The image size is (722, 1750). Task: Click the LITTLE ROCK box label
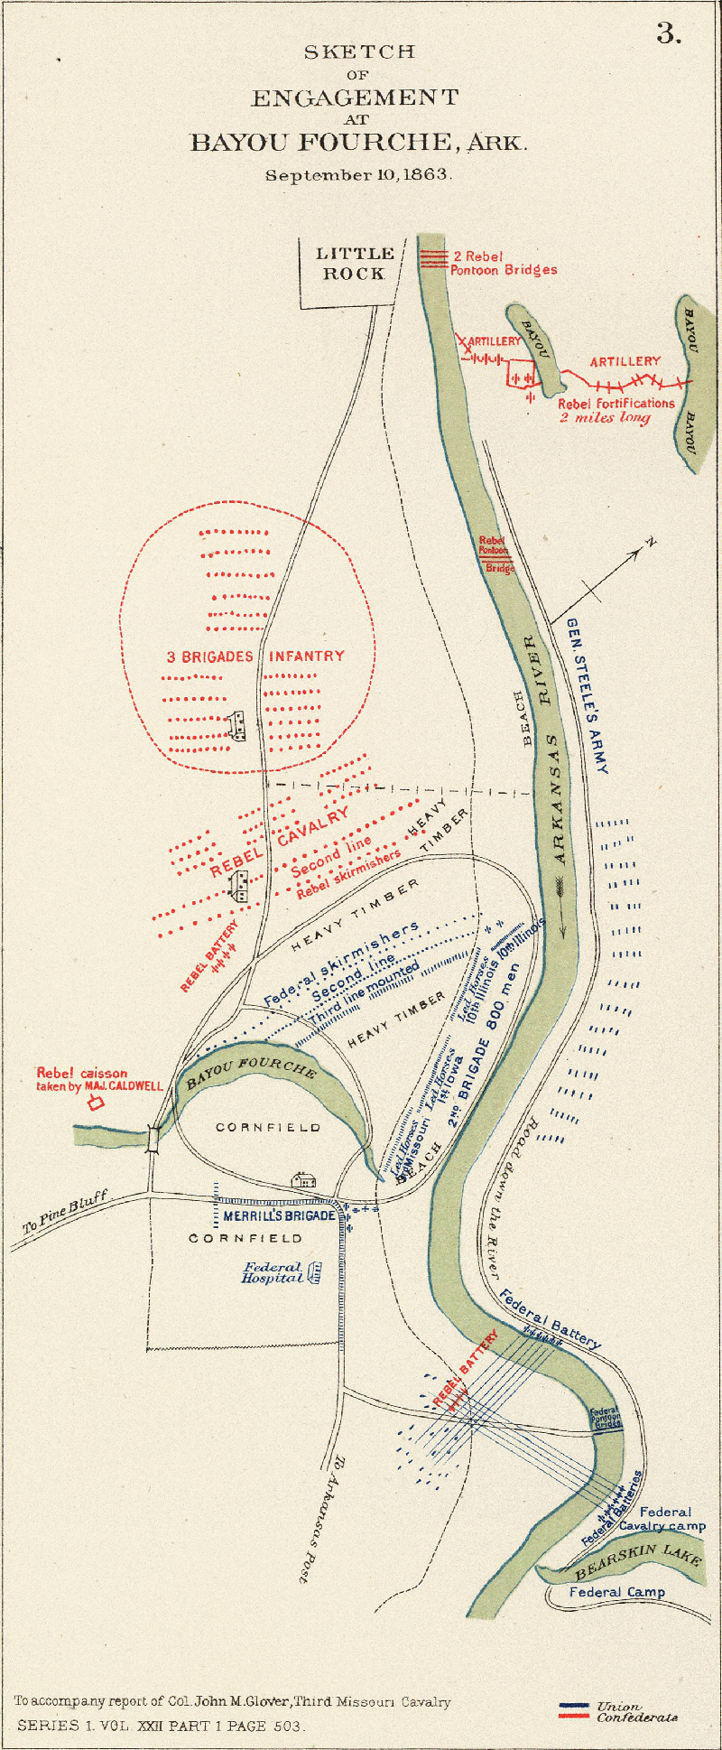tap(355, 264)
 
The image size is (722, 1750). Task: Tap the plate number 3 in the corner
tap(668, 34)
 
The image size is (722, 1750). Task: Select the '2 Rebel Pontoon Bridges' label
tap(504, 263)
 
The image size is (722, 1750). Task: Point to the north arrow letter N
tap(650, 543)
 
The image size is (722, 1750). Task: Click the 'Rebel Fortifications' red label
tap(616, 404)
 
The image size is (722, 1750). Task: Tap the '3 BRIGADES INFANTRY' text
tap(255, 656)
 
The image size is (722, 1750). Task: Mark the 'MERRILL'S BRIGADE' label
tap(279, 1216)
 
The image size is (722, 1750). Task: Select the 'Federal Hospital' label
tap(273, 1273)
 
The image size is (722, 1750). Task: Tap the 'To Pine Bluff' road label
tap(65, 1212)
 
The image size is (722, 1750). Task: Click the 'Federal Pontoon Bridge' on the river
tap(605, 1418)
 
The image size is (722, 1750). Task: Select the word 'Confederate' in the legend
tap(636, 1717)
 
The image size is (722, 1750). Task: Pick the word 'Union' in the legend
tap(619, 1707)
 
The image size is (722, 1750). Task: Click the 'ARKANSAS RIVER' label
tap(547, 749)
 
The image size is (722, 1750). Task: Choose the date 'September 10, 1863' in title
tap(358, 175)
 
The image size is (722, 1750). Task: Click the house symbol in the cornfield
tap(303, 1179)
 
